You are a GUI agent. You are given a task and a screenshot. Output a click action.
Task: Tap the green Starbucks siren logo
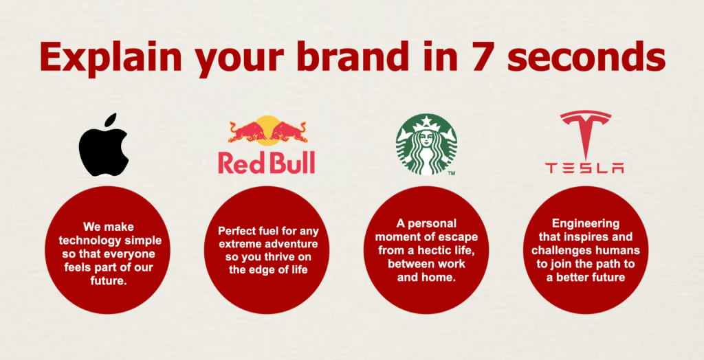pyautogui.click(x=426, y=144)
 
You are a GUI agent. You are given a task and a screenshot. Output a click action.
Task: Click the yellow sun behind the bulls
pyautogui.click(x=267, y=128)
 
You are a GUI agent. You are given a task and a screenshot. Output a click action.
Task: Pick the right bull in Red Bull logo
pyautogui.click(x=288, y=132)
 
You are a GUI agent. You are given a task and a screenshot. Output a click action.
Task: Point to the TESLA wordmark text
pyautogui.click(x=584, y=168)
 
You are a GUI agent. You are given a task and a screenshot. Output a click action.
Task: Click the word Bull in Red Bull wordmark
pyautogui.click(x=291, y=162)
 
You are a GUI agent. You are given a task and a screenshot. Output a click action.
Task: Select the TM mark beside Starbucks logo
pyautogui.click(x=451, y=173)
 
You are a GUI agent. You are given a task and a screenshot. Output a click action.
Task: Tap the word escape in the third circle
pyautogui.click(x=461, y=236)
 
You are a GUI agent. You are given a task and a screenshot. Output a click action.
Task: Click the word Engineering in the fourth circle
pyautogui.click(x=586, y=224)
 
